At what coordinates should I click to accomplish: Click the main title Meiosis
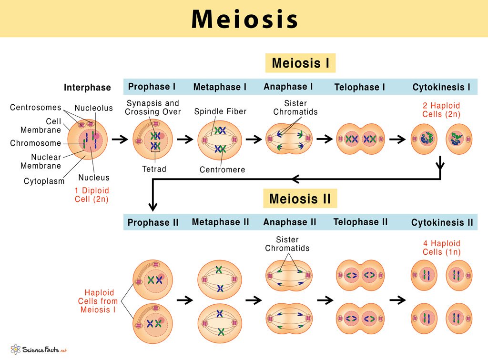[244, 19]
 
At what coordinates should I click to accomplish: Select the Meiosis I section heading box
[300, 63]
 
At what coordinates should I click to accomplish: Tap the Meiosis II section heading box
[300, 199]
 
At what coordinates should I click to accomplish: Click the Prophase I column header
[152, 87]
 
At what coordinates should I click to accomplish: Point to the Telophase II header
[360, 222]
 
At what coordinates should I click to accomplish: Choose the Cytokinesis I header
[441, 87]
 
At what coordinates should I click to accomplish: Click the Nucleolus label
[94, 108]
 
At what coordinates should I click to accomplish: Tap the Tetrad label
[154, 169]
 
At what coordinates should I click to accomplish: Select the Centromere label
[222, 170]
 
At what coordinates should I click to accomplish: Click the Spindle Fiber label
[220, 111]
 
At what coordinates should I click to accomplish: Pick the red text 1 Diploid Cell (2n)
[91, 194]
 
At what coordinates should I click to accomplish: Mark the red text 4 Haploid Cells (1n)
[442, 248]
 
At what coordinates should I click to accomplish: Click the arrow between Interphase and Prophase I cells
[119, 140]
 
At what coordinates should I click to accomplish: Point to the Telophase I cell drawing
[360, 139]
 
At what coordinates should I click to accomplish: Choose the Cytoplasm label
[44, 181]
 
